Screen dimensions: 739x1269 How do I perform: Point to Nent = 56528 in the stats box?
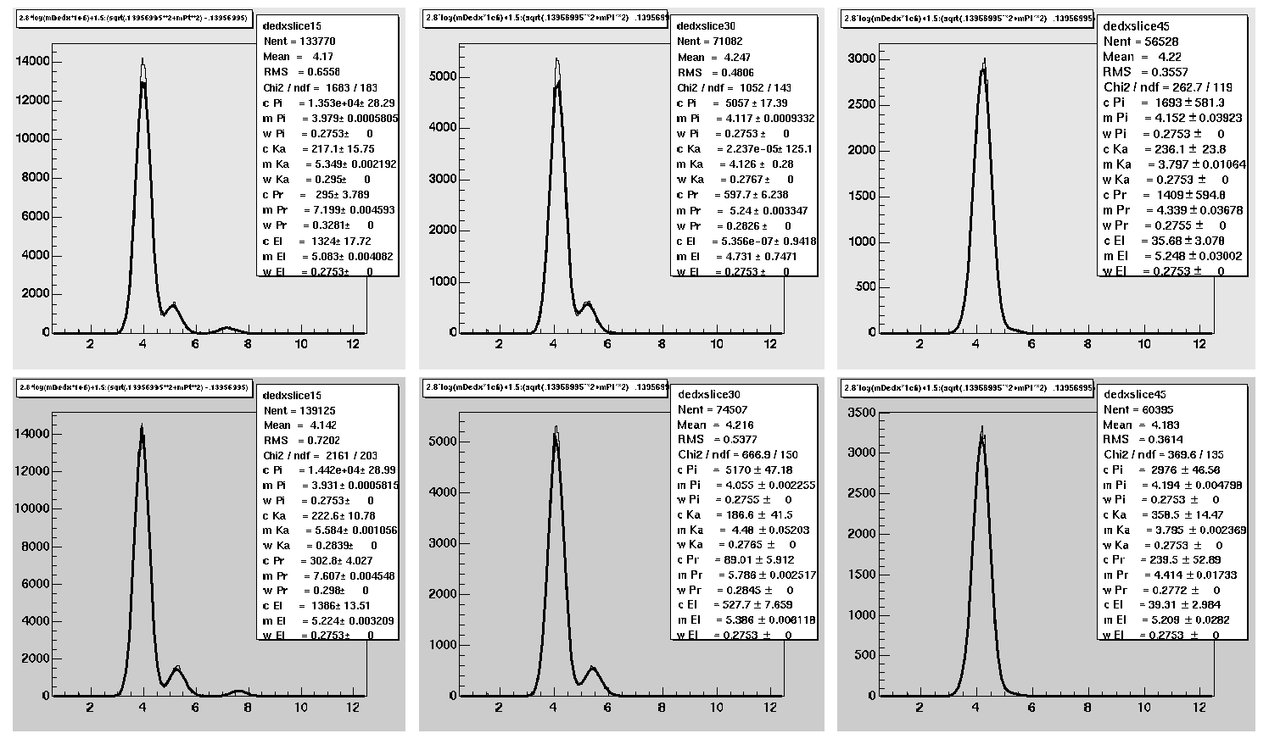[x=1141, y=41]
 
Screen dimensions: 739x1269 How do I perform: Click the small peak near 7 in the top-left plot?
[x=226, y=327]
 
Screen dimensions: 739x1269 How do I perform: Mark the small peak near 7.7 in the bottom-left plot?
[x=239, y=691]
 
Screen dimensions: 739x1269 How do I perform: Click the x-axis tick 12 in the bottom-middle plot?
[x=769, y=707]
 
